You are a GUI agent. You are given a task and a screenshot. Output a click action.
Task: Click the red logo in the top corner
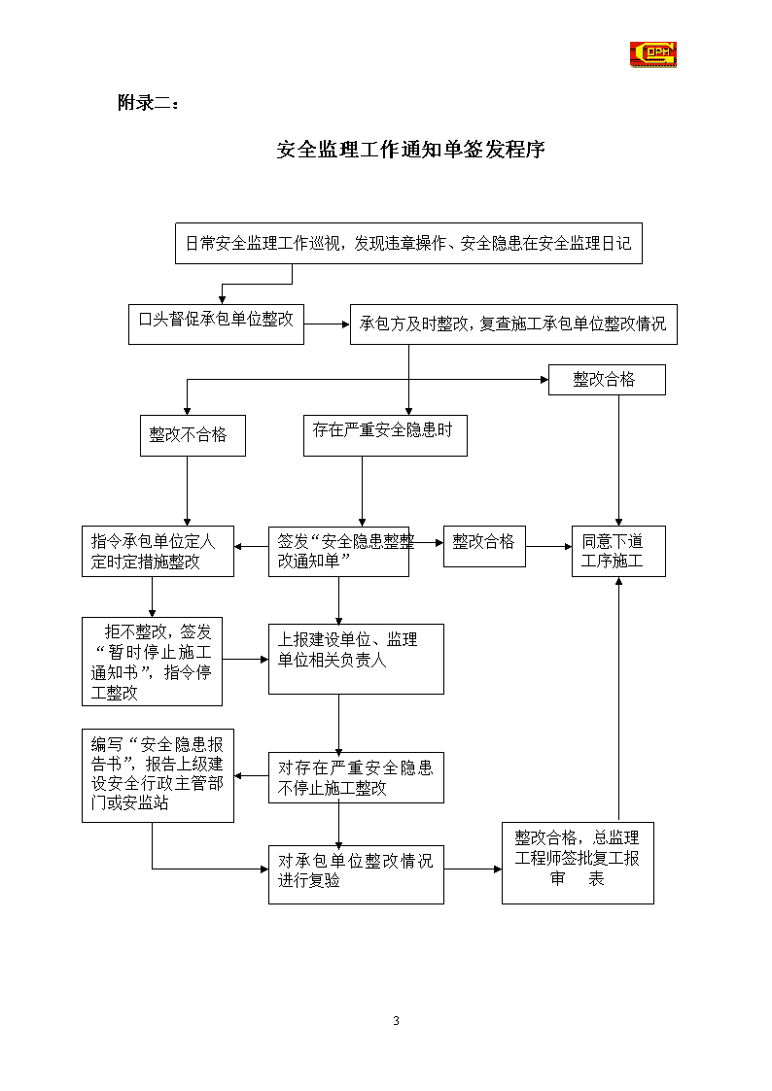tap(653, 54)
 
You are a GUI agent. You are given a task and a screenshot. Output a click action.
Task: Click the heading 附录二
tap(148, 103)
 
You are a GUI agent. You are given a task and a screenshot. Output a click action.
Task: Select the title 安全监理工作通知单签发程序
tap(410, 149)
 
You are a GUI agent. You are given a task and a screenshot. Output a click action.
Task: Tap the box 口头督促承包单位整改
tap(216, 324)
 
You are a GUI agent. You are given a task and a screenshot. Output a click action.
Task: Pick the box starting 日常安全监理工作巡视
tap(408, 244)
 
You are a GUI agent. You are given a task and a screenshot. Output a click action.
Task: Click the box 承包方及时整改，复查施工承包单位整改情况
tap(513, 324)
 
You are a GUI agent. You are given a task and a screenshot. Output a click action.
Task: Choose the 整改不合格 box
tap(193, 435)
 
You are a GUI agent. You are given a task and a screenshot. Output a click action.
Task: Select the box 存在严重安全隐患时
tap(385, 435)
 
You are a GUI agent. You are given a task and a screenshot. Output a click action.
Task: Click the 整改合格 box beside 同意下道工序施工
tap(484, 546)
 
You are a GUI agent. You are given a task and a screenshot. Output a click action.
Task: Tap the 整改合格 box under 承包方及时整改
tap(607, 380)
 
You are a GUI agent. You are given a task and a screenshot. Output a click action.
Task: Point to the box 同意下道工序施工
tap(618, 551)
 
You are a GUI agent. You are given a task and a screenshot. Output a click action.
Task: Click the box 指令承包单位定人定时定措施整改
tap(158, 551)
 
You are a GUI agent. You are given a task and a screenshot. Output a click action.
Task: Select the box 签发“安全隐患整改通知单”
tap(339, 551)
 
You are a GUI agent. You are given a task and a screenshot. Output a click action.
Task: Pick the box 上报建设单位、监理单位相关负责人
tap(357, 659)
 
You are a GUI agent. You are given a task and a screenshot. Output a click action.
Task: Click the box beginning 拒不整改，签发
tap(153, 662)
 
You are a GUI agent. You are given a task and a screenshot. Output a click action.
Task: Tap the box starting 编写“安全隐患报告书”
tap(158, 776)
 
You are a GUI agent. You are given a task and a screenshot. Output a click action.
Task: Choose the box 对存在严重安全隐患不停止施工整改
tap(357, 778)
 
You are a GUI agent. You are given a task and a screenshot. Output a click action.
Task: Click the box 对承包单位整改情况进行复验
tap(357, 874)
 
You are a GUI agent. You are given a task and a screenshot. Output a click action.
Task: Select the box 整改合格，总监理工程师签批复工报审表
tap(578, 864)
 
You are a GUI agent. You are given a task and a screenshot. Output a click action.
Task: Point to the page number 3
tap(396, 1021)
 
